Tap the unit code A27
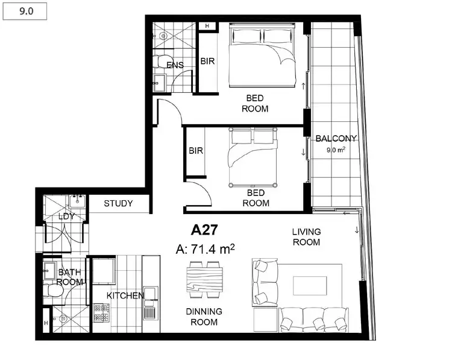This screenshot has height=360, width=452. (x=204, y=230)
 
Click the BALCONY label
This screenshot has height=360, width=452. (x=336, y=138)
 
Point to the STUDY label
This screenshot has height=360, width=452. (x=118, y=203)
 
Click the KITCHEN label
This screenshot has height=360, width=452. (x=125, y=295)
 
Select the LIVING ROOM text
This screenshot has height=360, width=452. (x=306, y=236)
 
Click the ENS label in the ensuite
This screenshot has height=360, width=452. (x=175, y=65)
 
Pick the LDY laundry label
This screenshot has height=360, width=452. (x=66, y=216)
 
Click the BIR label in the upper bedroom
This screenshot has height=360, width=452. (x=207, y=62)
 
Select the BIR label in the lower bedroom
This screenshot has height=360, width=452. (x=195, y=151)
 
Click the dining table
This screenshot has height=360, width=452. (x=205, y=282)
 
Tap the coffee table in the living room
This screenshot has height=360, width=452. (x=309, y=286)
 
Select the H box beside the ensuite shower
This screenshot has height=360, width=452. (x=207, y=26)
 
